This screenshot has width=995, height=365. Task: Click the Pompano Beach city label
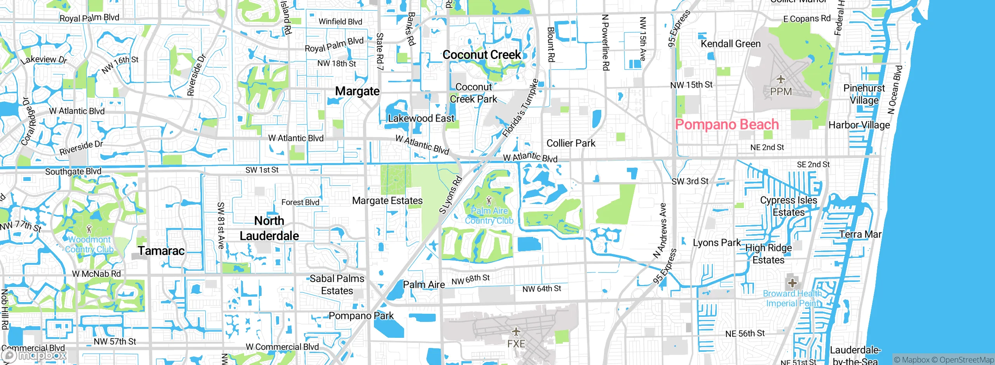[x=727, y=125]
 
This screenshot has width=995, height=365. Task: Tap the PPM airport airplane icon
[x=780, y=80]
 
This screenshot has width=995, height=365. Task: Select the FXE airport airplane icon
[x=516, y=332]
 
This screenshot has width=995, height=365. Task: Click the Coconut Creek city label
[x=482, y=55]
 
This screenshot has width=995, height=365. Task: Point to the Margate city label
[x=357, y=91]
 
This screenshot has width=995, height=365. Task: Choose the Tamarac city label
[x=161, y=251]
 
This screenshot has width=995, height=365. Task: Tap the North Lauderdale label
[x=269, y=228]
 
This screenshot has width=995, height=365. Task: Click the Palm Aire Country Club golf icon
[x=489, y=201]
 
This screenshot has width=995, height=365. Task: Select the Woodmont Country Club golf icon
[x=89, y=229]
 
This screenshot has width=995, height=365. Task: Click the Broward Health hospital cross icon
[x=792, y=283]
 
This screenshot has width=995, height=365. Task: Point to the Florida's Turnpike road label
[x=520, y=109]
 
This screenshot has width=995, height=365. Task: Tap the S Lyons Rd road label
[x=450, y=195]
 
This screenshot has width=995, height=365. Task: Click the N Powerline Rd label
[x=605, y=43]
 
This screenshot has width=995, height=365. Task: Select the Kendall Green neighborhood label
[x=730, y=44]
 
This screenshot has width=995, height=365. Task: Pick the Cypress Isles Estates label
[x=789, y=206]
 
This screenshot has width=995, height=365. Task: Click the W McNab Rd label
[x=96, y=274]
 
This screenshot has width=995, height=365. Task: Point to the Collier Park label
[x=571, y=143]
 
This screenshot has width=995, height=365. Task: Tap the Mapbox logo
[x=34, y=356]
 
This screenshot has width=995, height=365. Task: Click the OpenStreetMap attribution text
[x=966, y=360]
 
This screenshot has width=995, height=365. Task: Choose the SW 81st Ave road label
[x=221, y=225]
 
